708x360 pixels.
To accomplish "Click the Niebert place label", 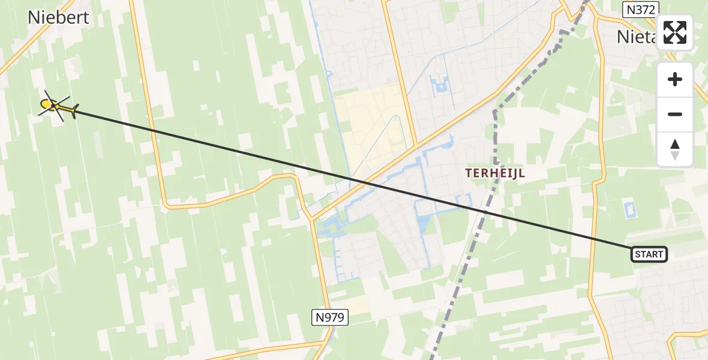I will (x=58, y=17).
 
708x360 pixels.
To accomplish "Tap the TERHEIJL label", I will (x=496, y=173).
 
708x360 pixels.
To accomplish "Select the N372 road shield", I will (x=641, y=9).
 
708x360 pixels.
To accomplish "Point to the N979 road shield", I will (x=330, y=317).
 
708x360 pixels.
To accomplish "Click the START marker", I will (x=649, y=254).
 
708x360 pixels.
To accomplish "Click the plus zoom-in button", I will (x=675, y=79).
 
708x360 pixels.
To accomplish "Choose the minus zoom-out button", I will (x=675, y=114).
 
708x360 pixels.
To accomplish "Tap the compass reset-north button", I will (x=675, y=149).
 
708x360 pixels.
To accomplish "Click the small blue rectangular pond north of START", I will (x=629, y=211).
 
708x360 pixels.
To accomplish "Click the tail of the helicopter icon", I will (x=73, y=111).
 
